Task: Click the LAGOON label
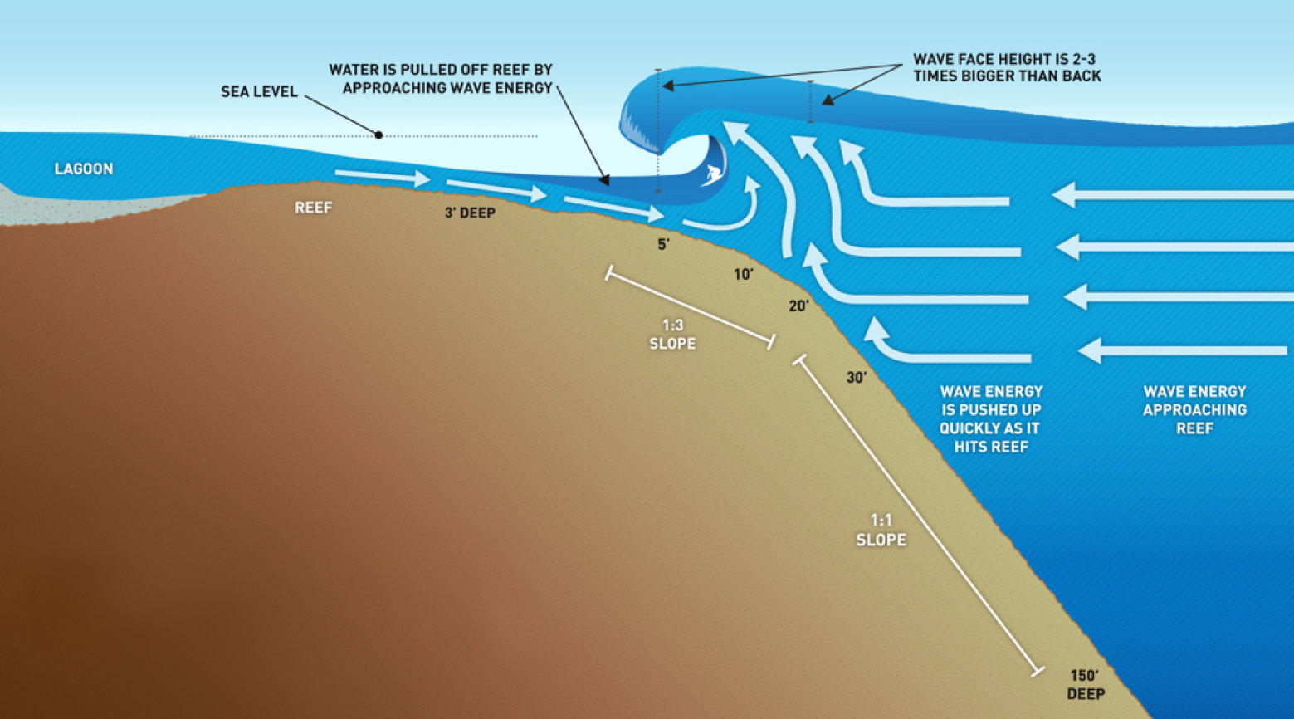84,169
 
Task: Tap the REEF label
313,208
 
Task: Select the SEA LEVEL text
259,92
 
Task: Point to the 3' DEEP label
470,213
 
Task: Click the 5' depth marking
662,245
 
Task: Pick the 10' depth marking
743,275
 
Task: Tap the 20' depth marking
798,306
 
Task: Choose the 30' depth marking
856,378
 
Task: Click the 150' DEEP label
1085,685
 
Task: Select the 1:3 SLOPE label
672,335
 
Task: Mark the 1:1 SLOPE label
881,530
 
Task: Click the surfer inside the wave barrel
712,174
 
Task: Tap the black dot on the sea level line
378,135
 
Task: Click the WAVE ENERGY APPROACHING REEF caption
1194,410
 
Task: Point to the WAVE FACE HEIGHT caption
1007,68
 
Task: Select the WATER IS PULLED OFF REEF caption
441,79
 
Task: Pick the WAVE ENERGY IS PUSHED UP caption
990,419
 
